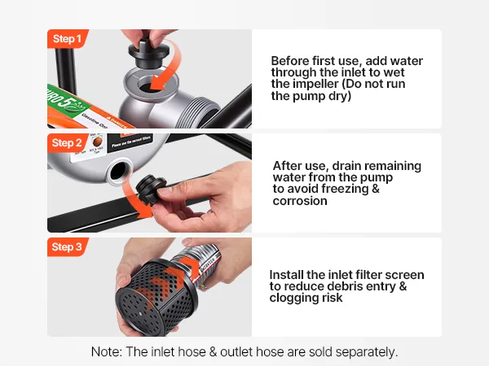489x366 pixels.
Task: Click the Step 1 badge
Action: (67, 39)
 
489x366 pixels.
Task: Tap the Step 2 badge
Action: (67, 143)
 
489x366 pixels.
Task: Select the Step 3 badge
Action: (67, 246)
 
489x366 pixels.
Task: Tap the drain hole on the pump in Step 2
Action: (118, 170)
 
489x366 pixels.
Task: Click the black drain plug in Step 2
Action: (151, 190)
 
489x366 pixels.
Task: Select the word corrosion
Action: (300, 201)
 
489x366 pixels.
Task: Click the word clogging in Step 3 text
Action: (294, 298)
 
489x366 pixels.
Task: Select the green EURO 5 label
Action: (67, 100)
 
